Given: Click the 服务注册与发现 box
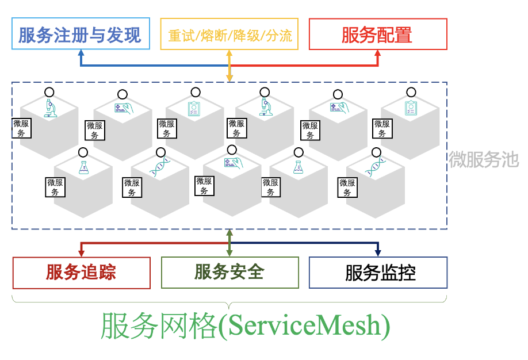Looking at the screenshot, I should point(80,35).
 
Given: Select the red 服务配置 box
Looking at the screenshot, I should point(378,35).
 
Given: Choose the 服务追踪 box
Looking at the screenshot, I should point(81,272).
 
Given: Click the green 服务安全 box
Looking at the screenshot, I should point(229,272).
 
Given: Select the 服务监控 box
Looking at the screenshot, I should point(378,272).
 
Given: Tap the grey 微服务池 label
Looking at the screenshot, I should point(484,159).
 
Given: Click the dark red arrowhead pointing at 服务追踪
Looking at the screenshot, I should point(81,252).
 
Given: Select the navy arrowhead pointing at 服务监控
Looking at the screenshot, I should point(378,252).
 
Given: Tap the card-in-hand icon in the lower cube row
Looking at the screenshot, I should point(234,163).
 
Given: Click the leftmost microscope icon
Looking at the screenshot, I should point(51,108).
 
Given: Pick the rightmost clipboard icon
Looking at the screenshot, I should point(411,108).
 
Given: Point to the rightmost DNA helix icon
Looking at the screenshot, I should point(375,167).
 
